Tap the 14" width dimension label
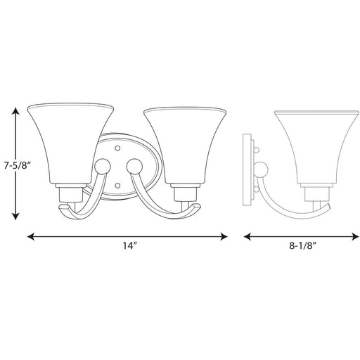[130, 246]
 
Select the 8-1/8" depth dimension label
[303, 246]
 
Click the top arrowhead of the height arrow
[15, 111]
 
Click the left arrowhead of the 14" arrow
[31, 236]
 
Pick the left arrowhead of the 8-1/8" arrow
[247, 236]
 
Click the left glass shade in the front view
[70, 143]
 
